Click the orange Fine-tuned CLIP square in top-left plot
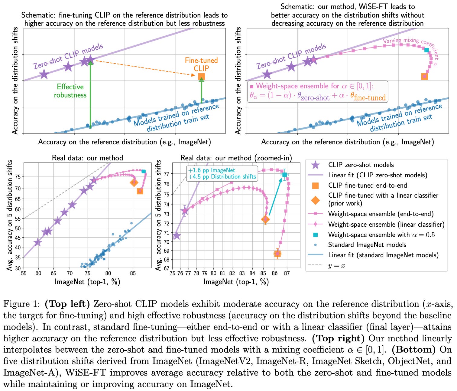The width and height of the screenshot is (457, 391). pyautogui.click(x=201, y=77)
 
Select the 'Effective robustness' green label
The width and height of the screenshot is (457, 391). pyautogui.click(x=70, y=91)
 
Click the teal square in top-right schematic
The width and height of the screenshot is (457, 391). pyautogui.click(x=426, y=50)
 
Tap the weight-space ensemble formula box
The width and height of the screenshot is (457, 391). pyautogui.click(x=317, y=91)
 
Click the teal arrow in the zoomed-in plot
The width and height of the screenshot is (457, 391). pyautogui.click(x=275, y=197)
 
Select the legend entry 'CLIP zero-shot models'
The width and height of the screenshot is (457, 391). pyautogui.click(x=361, y=165)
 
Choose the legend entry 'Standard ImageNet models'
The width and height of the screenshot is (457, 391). pyautogui.click(x=367, y=245)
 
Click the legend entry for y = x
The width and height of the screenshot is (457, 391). pyautogui.click(x=336, y=266)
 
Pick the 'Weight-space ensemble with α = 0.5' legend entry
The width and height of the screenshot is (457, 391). pyautogui.click(x=381, y=235)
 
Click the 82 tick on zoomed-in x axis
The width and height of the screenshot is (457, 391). pyautogui.click(x=232, y=273)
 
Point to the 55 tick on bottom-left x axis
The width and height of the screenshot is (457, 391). pyautogui.click(x=24, y=273)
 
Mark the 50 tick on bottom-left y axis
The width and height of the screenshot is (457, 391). pyautogui.click(x=18, y=228)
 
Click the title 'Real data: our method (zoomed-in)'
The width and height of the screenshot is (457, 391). pyautogui.click(x=236, y=158)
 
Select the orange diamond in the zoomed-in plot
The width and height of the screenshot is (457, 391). pyautogui.click(x=265, y=219)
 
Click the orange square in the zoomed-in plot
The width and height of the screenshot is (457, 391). pyautogui.click(x=277, y=254)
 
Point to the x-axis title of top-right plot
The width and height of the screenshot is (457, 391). pyautogui.click(x=347, y=142)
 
